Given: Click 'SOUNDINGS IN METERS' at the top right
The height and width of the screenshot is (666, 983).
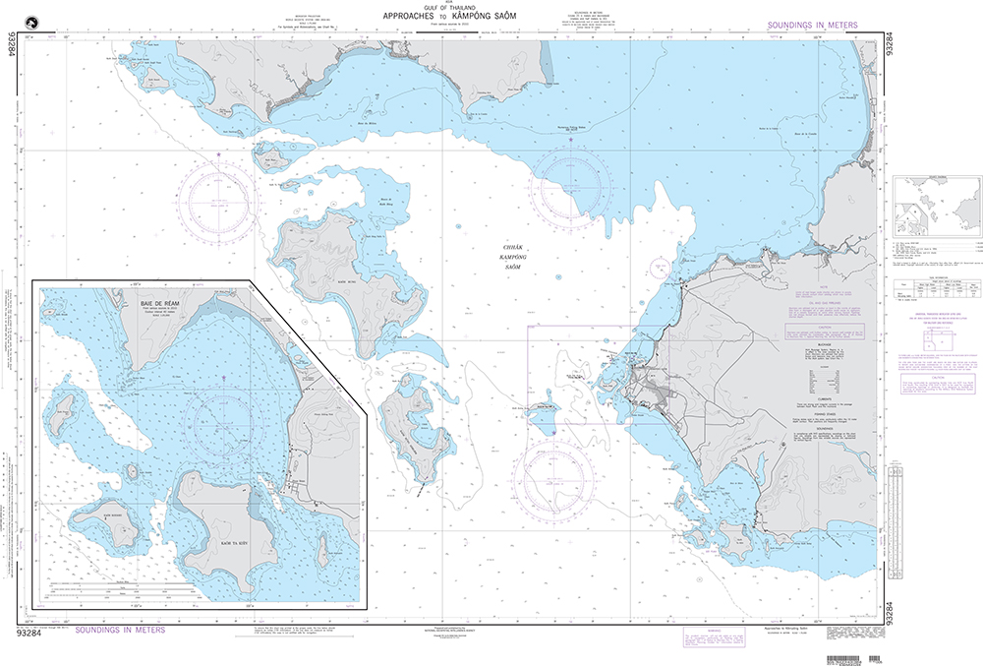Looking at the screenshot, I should coord(813,25).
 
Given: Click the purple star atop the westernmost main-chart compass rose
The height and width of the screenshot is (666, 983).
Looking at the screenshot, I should coord(217,153).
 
